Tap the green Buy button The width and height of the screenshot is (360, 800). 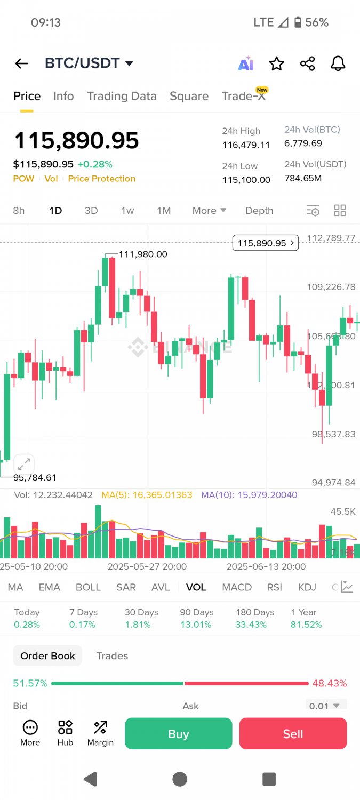click(178, 734)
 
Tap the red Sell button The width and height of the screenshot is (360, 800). click(293, 734)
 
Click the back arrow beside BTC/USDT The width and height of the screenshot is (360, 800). click(21, 63)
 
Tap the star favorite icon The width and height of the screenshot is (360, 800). click(276, 64)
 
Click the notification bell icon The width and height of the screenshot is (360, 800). click(338, 64)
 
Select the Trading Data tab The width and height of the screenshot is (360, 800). click(122, 96)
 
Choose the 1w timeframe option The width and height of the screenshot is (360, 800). click(127, 211)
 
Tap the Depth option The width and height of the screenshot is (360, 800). click(259, 211)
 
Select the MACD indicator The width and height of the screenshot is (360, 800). click(237, 587)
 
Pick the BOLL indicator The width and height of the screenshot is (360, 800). click(88, 587)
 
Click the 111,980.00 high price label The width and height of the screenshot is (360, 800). click(142, 254)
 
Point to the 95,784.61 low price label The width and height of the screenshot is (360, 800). click(35, 477)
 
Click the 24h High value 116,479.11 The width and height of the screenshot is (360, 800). click(246, 145)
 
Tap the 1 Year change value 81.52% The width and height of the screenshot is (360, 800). click(306, 625)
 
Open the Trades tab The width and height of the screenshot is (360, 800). click(112, 656)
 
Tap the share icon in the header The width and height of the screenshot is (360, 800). click(307, 64)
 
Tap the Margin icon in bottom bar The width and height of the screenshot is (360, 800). click(100, 733)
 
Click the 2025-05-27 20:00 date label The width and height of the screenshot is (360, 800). click(147, 566)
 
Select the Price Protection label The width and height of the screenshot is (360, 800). click(101, 179)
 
